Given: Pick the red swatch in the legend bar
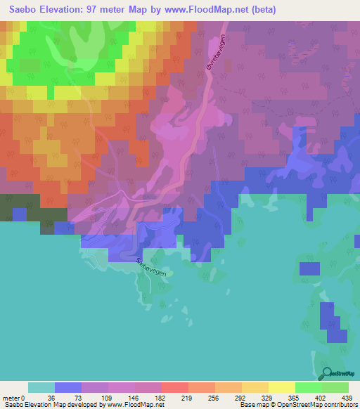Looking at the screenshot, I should pos(175,387).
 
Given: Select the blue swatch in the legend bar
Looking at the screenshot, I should pos(68,387).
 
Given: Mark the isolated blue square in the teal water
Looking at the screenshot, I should pos(308,268).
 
